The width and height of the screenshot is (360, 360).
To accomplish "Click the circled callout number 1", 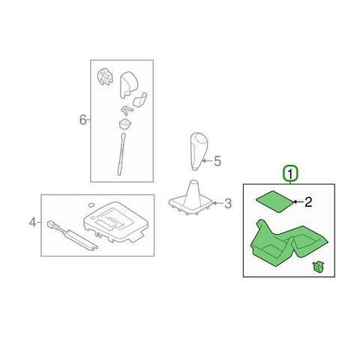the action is [290, 173].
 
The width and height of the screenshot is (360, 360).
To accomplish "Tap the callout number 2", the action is [308, 202].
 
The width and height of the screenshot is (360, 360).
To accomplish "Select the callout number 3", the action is [228, 203].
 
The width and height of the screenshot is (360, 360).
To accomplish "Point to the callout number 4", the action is [33, 222].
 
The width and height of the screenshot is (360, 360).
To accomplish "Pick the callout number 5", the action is [217, 161].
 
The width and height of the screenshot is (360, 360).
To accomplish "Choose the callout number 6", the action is [82, 120].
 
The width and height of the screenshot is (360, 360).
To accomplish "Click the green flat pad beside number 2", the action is [274, 202].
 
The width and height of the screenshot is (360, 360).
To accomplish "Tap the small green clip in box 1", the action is [318, 267].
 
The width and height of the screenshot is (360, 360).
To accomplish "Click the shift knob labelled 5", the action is [199, 151].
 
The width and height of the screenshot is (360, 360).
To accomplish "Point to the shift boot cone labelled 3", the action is [192, 198].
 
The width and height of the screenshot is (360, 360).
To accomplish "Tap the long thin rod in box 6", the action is [121, 154].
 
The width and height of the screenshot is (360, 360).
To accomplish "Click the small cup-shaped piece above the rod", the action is [124, 124].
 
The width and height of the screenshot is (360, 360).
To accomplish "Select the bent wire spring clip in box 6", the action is [127, 110].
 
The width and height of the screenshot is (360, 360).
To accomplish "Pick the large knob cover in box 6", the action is [129, 85].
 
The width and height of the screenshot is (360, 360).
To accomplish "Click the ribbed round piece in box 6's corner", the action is [104, 76].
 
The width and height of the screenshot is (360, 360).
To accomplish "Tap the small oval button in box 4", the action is [91, 205].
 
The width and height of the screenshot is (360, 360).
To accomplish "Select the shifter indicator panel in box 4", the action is [115, 222].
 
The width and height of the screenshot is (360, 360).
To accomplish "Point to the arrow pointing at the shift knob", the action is [207, 160].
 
